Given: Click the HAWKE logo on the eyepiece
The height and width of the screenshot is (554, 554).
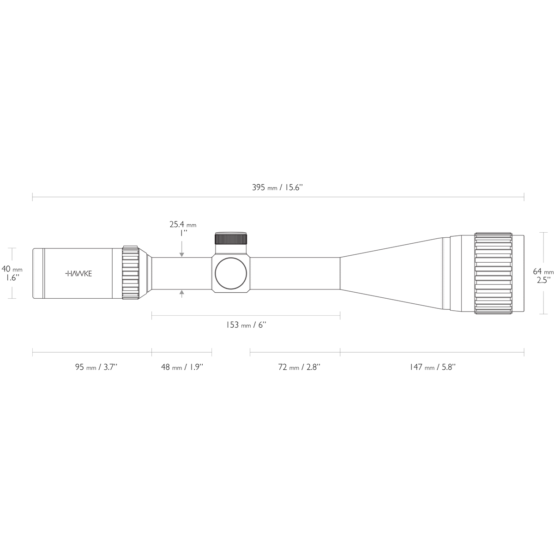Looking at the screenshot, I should click(78, 273).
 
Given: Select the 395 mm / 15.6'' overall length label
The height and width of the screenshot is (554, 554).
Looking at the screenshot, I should click(277, 187).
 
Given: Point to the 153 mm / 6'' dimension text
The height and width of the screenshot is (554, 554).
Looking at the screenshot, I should click(246, 325).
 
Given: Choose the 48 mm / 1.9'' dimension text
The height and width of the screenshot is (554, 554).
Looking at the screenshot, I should click(182, 367).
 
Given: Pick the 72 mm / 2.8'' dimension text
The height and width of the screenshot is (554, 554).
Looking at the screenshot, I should click(299, 367).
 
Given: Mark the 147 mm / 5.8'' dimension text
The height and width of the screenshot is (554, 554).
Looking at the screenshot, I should click(432, 367).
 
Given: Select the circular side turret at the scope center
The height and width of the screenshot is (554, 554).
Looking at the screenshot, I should click(231, 274).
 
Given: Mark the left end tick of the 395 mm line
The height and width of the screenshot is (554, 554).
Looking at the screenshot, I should click(32, 198).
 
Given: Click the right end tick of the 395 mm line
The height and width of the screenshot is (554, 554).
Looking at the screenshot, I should click(524, 198).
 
